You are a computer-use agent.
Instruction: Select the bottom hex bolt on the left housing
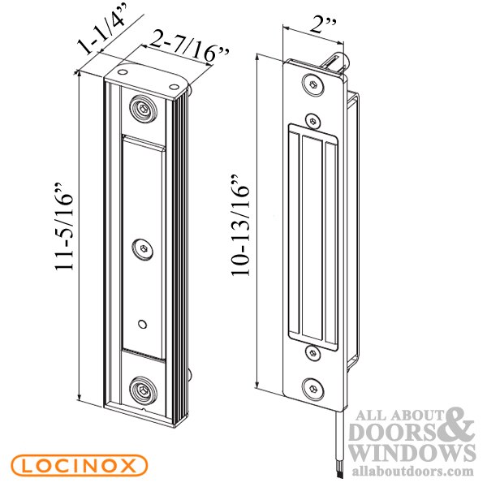pyautogui.click(x=143, y=391)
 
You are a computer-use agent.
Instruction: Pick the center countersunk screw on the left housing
pyautogui.click(x=144, y=248)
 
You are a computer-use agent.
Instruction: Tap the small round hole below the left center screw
pyautogui.click(x=144, y=324)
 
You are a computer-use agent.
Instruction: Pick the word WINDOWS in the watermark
pyautogui.click(x=412, y=453)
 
